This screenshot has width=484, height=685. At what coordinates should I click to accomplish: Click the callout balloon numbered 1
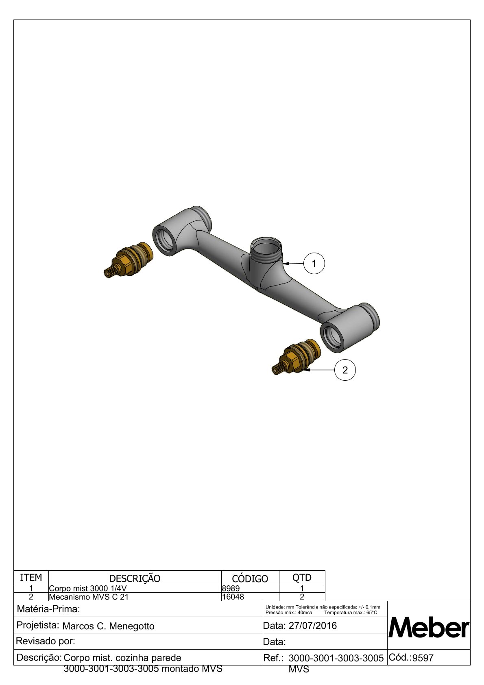point(314,263)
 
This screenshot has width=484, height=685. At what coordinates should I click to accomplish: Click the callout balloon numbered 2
point(345,370)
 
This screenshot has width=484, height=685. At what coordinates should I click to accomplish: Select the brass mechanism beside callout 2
point(297,356)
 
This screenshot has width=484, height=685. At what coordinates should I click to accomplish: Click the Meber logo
point(428,627)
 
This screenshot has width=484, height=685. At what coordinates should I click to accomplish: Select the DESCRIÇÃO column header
point(135,578)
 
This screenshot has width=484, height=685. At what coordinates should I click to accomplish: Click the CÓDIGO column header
point(250,578)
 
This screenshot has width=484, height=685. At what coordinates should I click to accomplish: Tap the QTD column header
point(302,577)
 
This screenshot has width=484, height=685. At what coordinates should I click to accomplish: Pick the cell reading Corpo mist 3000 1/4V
point(88,588)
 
